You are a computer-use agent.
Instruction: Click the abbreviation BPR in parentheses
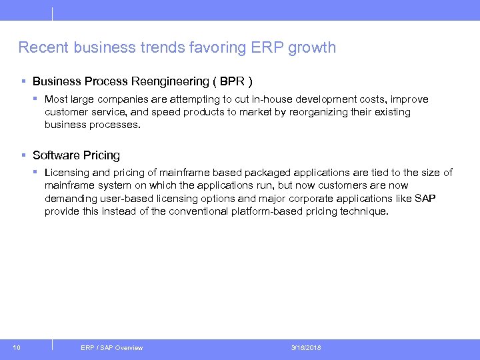231,81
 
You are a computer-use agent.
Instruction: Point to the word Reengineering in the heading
170,81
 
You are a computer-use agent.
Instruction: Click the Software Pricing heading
76,155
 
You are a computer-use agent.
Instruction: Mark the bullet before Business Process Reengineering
23,81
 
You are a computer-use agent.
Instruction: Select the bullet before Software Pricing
23,155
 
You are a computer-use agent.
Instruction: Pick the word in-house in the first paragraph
261,99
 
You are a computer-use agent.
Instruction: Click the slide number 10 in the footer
16,348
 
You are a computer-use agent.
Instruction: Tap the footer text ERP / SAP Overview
111,348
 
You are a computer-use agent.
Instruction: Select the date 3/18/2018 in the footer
306,348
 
